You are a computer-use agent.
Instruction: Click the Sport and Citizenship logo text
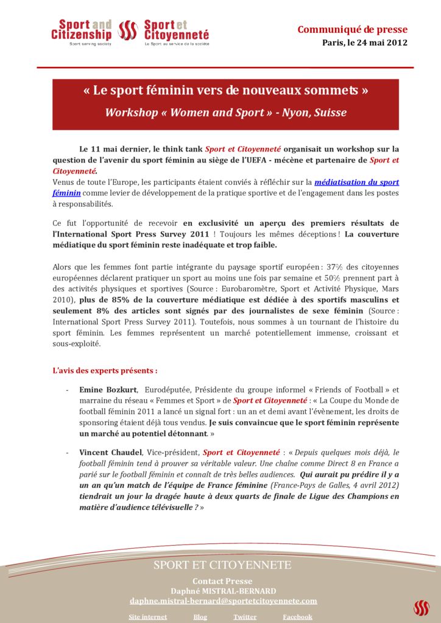pos(82,30)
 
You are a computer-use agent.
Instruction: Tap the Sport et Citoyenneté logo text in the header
pos(176,30)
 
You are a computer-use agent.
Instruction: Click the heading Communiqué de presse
pos(352,29)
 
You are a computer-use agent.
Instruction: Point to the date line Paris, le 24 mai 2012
pos(364,43)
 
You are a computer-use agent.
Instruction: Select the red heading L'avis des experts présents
pos(105,370)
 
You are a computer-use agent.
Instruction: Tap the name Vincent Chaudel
pos(110,452)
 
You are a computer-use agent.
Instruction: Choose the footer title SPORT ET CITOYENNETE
pos(222,565)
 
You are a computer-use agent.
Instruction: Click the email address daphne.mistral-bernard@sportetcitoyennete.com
pos(223,600)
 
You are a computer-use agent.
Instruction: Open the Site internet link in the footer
pos(147,616)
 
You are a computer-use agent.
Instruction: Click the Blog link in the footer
pos(200,616)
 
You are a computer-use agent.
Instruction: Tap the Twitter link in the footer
pos(244,616)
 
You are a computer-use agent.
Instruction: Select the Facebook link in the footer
pos(297,616)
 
